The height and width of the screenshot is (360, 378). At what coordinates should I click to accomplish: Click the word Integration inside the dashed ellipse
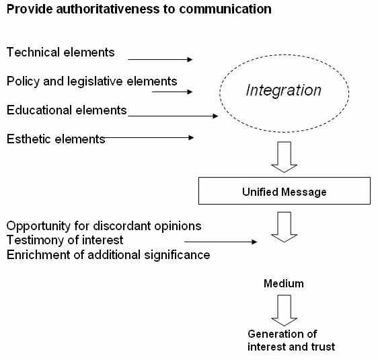pyautogui.click(x=284, y=91)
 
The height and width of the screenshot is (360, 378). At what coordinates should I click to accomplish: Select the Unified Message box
pyautogui.click(x=285, y=190)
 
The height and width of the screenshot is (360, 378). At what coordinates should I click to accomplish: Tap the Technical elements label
pyautogui.click(x=61, y=52)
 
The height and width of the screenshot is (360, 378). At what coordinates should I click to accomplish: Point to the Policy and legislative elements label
pyautogui.click(x=92, y=81)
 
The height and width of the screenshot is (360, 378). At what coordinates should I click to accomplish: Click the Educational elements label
pyautogui.click(x=67, y=110)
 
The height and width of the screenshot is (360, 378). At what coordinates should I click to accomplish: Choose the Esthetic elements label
pyautogui.click(x=56, y=139)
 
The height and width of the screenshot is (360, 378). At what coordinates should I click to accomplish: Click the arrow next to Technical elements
pyautogui.click(x=160, y=59)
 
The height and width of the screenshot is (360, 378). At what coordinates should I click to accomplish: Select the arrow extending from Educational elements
pyautogui.click(x=173, y=116)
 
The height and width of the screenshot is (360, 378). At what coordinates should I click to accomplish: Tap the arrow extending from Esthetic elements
pyautogui.click(x=149, y=138)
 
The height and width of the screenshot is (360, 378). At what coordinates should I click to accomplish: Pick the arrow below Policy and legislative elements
pyautogui.click(x=172, y=92)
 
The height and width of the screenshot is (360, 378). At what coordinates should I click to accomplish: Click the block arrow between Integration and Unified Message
pyautogui.click(x=285, y=157)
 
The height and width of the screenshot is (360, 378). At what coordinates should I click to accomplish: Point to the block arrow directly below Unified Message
pyautogui.click(x=285, y=227)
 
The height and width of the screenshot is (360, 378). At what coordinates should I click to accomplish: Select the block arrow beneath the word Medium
pyautogui.click(x=285, y=310)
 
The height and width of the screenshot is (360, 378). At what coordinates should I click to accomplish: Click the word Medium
pyautogui.click(x=284, y=283)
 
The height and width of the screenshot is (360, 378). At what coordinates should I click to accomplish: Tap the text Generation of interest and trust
pyautogui.click(x=291, y=340)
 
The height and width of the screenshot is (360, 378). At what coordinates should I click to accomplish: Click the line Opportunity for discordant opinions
pyautogui.click(x=104, y=226)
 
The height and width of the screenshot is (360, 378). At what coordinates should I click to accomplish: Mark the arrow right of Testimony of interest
pyautogui.click(x=221, y=242)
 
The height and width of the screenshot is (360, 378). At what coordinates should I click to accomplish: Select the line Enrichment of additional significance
pyautogui.click(x=108, y=255)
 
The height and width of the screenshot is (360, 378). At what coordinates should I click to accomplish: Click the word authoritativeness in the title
pyautogui.click(x=108, y=9)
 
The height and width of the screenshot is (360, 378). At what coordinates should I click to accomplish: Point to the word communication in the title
pyautogui.click(x=225, y=9)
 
